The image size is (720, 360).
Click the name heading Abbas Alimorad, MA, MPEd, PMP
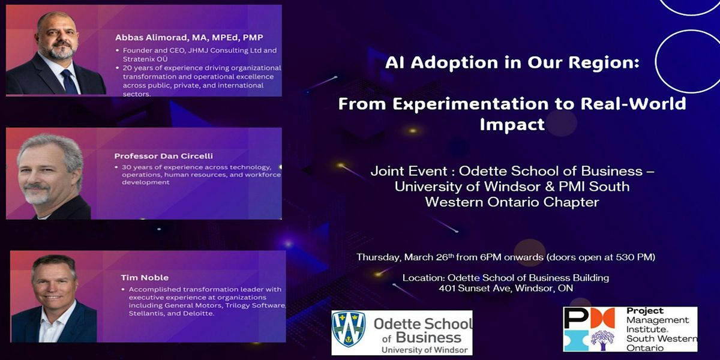tap(189, 38)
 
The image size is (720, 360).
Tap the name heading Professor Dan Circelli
tap(164, 156)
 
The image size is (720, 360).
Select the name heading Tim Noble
tap(145, 278)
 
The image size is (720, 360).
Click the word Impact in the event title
tap(512, 125)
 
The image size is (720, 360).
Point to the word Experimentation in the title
tap(470, 104)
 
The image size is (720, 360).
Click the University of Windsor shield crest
tap(349, 329)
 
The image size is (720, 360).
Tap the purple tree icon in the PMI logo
tap(602, 340)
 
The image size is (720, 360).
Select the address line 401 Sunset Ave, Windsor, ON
tap(506, 288)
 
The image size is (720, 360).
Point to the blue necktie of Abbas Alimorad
tap(69, 82)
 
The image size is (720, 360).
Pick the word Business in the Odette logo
tap(428, 338)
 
